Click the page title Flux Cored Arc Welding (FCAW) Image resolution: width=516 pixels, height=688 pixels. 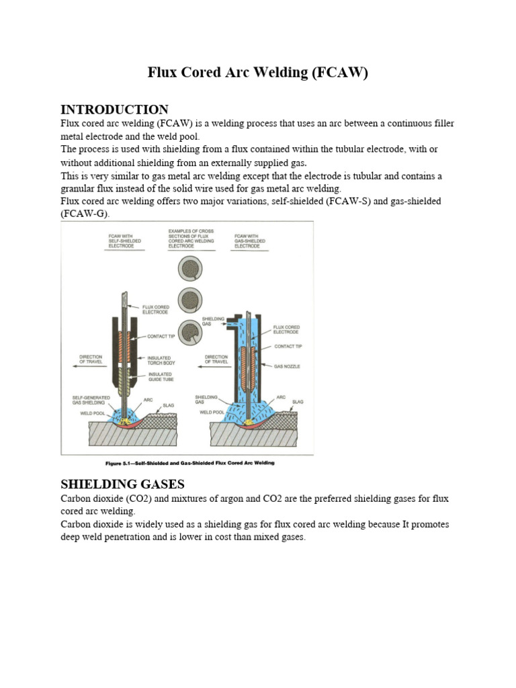point(258,73)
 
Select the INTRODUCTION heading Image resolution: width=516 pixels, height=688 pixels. point(114,110)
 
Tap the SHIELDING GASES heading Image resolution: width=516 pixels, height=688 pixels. point(123,484)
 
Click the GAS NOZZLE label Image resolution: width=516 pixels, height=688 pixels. point(287,367)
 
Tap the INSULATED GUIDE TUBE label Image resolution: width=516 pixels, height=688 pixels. point(160,376)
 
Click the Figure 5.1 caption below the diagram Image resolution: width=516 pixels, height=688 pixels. point(190,463)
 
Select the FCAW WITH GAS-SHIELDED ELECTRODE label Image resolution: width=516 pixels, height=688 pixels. point(249,241)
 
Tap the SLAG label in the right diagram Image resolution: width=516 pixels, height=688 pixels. point(298,402)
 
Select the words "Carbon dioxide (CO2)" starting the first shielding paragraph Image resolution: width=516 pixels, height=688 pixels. point(100,499)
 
